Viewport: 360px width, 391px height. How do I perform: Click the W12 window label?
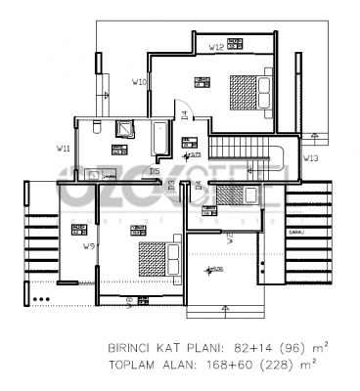coord(217,46)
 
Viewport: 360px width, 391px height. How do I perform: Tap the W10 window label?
coord(140,82)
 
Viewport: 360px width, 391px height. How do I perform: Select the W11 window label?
coord(63,149)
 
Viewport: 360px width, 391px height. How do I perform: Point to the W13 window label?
coord(310,156)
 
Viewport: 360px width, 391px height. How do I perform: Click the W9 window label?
coord(89,245)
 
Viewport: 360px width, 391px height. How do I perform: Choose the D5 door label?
coord(154,171)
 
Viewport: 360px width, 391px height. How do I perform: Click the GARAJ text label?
coord(294,232)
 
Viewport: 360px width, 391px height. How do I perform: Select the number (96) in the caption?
coord(291,347)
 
